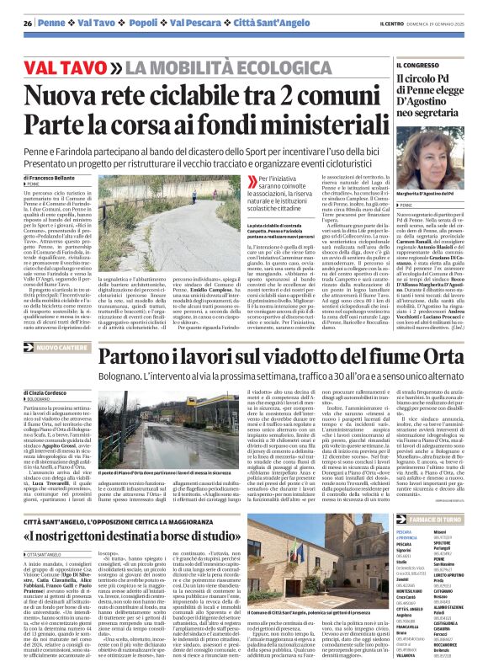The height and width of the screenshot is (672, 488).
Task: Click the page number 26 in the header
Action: tap(28, 22)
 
